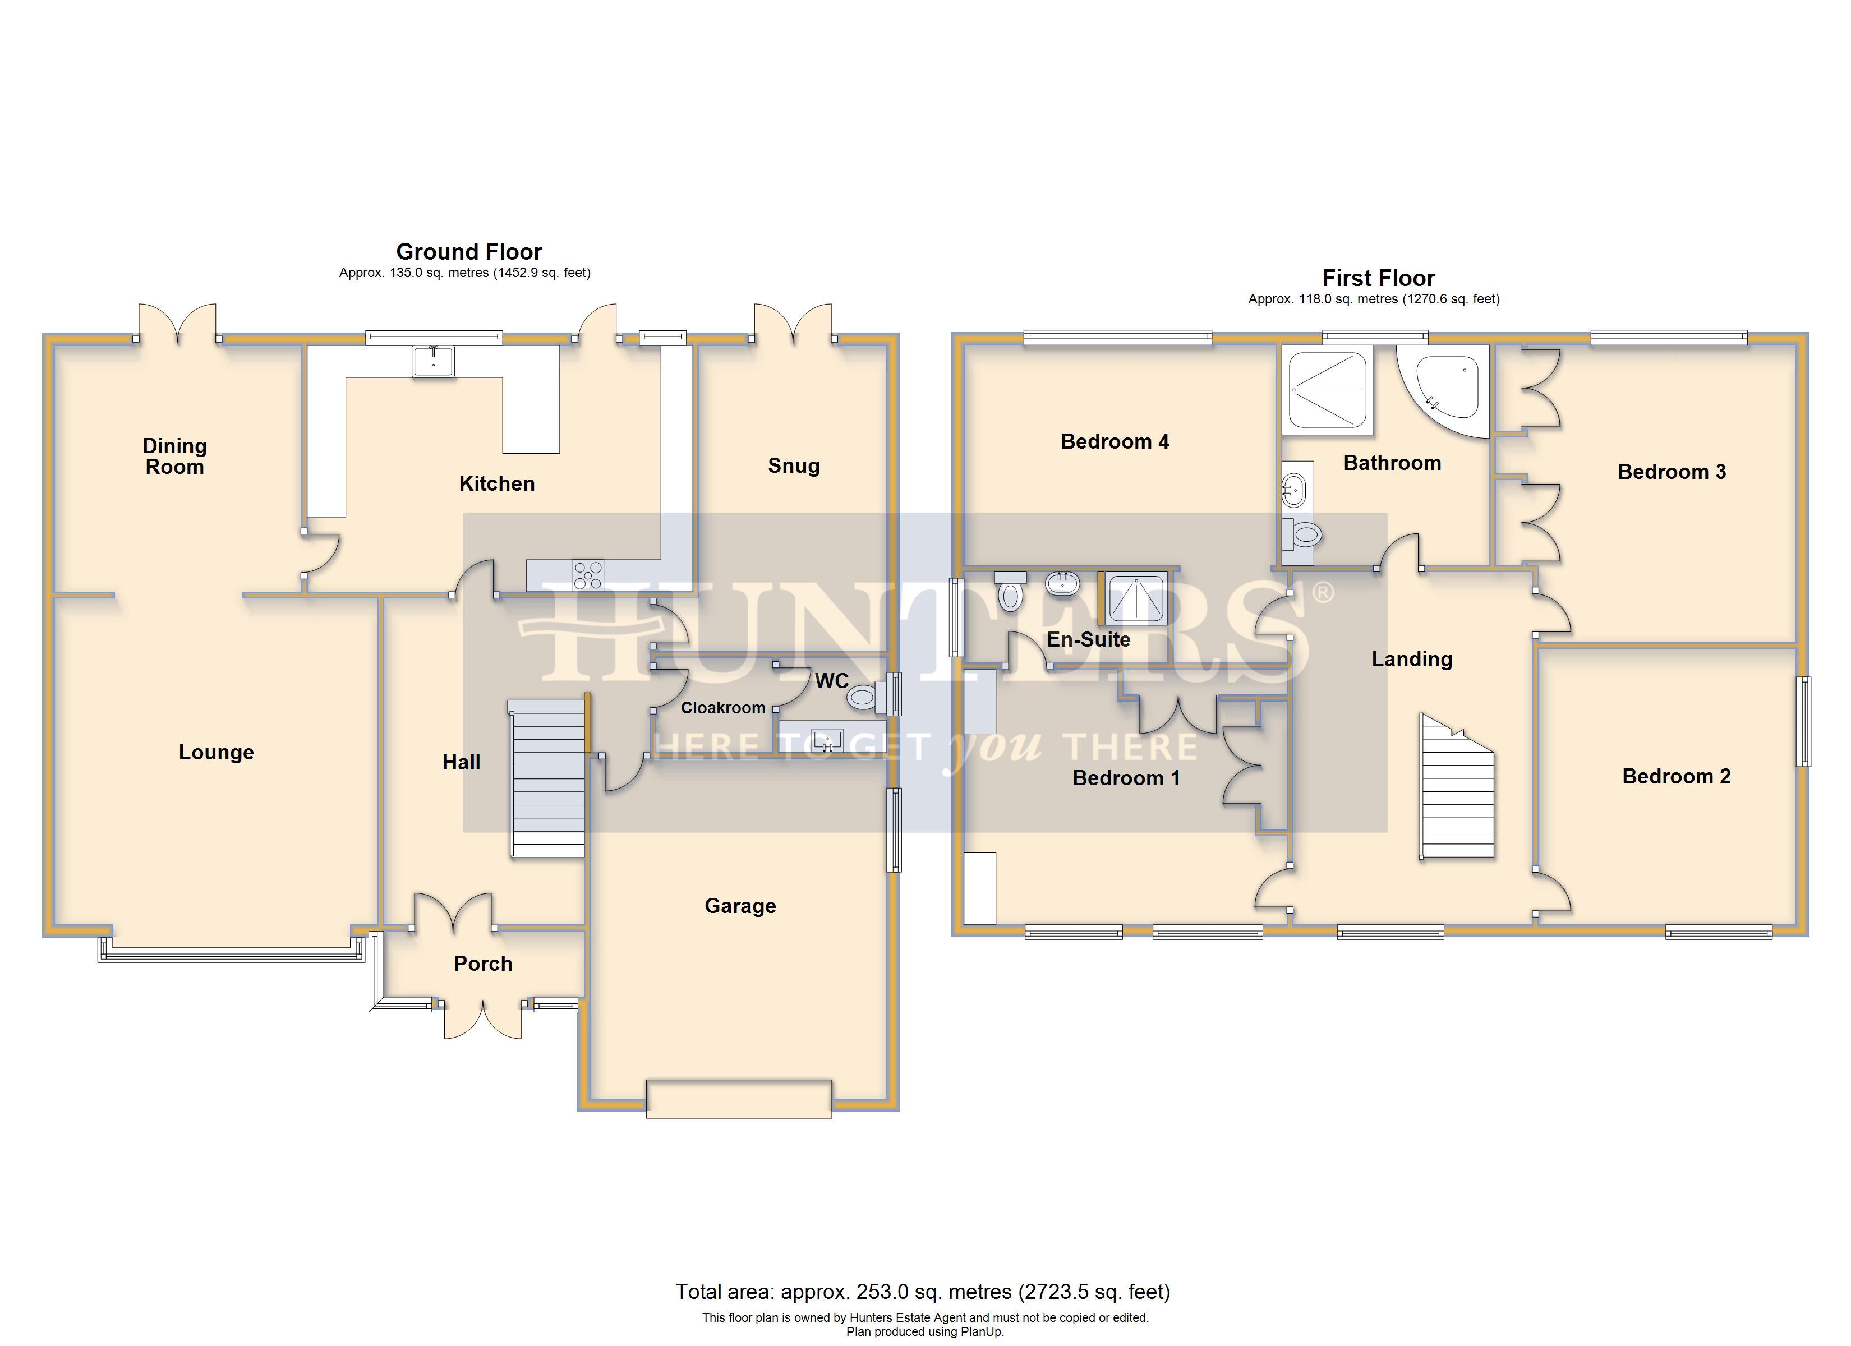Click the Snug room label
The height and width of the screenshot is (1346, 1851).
point(793,466)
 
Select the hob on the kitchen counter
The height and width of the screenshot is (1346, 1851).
point(588,575)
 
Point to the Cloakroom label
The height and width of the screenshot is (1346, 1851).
point(723,708)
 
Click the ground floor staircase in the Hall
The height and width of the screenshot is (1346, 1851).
point(547,780)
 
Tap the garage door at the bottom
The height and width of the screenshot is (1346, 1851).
point(739,1098)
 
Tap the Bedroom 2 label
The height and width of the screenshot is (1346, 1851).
point(1677,776)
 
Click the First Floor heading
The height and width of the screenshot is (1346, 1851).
point(1379,278)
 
